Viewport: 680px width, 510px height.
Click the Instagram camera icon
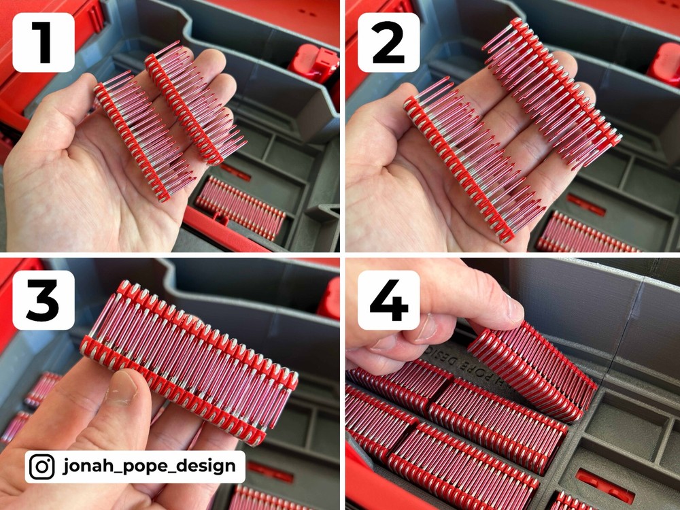coord(43,466)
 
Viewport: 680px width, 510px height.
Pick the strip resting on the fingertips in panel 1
coord(194,102)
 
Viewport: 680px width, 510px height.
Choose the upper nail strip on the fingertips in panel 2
coord(551,88)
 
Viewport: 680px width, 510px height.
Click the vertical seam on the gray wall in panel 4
coord(615,326)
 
